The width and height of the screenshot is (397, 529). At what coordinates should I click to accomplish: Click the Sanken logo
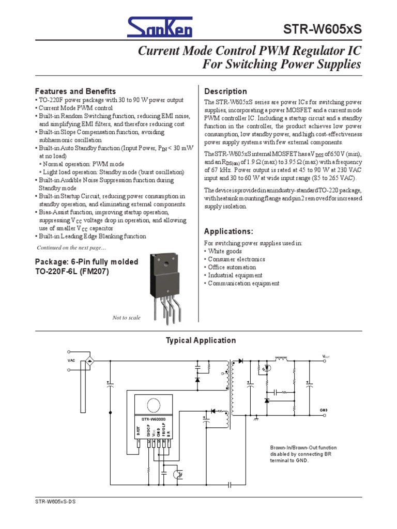pos(161,26)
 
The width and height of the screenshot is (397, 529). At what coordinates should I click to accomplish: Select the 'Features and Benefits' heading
pos(75,91)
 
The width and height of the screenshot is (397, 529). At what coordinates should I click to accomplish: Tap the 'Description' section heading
pos(226,91)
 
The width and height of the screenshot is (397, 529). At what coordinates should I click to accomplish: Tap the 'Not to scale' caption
pos(126,318)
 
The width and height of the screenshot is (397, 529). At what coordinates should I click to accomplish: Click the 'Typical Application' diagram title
pos(201,340)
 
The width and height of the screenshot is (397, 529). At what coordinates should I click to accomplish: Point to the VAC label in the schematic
pos(71,360)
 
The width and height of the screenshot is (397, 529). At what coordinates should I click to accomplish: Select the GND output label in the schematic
pos(324,410)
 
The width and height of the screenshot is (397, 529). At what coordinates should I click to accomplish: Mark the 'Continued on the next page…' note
pos(71,247)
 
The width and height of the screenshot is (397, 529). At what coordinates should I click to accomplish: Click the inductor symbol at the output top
pos(282,358)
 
